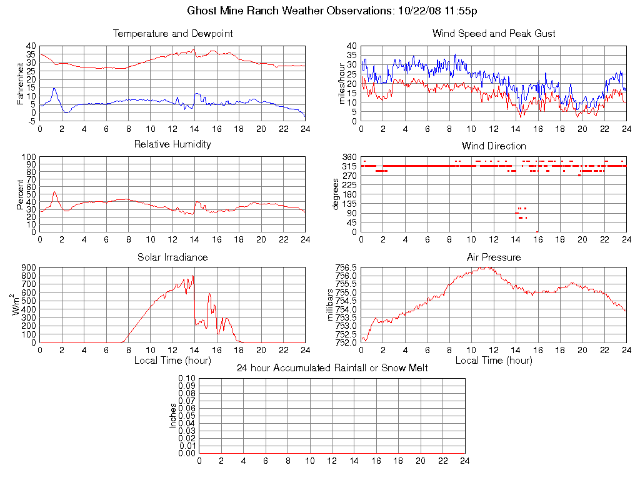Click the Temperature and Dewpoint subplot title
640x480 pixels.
click(172, 34)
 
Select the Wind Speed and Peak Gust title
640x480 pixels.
click(494, 34)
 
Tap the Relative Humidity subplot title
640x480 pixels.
click(172, 144)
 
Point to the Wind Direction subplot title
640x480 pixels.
click(494, 146)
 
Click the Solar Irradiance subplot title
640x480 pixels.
click(172, 257)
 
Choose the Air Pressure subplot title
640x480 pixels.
click(494, 257)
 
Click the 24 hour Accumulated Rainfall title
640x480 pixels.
click(332, 368)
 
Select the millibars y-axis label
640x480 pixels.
click(331, 305)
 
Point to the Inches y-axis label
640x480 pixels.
click(172, 416)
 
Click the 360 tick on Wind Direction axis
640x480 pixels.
click(349, 157)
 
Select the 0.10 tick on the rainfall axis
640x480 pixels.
click(187, 379)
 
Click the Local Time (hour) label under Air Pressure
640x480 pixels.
click(494, 361)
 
